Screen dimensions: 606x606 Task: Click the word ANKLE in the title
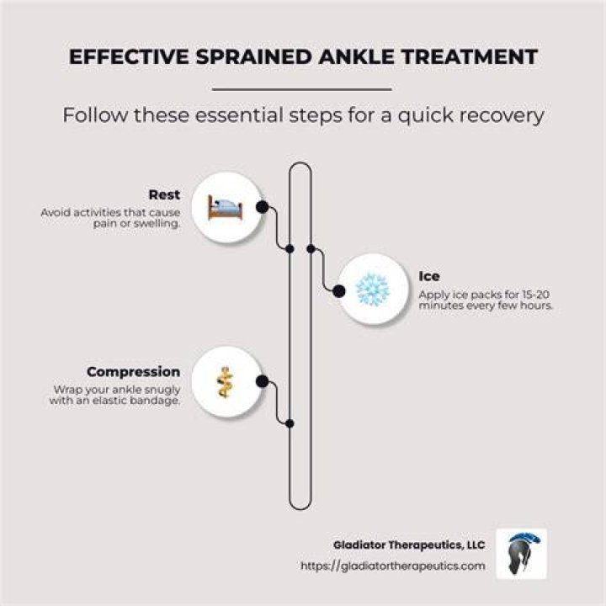tap(355, 57)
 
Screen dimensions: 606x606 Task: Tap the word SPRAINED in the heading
tap(253, 57)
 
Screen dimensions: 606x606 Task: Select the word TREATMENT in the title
tap(469, 57)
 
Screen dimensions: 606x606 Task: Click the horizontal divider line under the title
tap(302, 89)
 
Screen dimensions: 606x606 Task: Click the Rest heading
tap(164, 194)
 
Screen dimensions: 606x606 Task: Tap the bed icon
tap(225, 207)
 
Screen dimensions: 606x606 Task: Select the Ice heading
tap(429, 276)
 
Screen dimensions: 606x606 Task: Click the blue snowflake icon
tap(372, 289)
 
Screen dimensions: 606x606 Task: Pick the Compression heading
tap(133, 372)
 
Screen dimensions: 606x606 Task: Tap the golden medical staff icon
tap(225, 382)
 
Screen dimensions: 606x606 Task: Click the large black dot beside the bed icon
tap(263, 207)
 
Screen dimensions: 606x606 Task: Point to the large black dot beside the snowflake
tap(339, 291)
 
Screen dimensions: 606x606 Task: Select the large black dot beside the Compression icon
tap(263, 381)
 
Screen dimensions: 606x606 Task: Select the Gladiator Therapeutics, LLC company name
tap(409, 545)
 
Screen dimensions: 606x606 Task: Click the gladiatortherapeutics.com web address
tap(393, 566)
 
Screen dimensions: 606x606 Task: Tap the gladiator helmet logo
tap(521, 554)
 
